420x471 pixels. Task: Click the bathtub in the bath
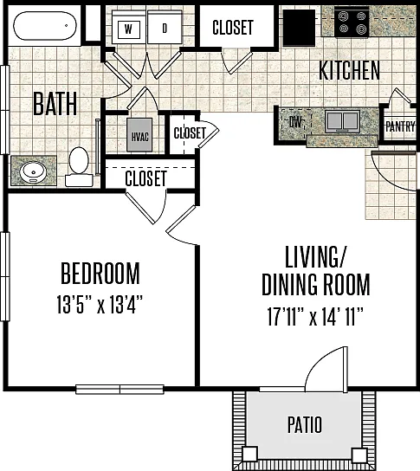coord(45,26)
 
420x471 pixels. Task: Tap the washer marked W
coord(129,29)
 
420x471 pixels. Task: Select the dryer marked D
coord(165,29)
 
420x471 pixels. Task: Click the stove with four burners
coord(352,22)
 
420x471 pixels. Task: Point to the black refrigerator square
coord(299,28)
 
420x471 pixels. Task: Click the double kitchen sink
coord(343,121)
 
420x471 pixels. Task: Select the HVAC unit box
coord(139,134)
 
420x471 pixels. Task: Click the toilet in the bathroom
coord(79,166)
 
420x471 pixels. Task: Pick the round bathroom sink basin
coord(33,171)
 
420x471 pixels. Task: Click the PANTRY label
coord(400,126)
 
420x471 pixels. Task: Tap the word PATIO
coord(305,424)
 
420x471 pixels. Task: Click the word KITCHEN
coord(349,70)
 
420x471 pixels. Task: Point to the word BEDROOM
coord(100,274)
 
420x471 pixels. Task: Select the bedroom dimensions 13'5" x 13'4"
coord(100,305)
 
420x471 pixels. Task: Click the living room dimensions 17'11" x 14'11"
coord(315,317)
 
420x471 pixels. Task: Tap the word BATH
coord(55,104)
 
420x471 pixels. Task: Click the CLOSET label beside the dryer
coord(233,28)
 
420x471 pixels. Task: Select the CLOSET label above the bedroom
coord(145,178)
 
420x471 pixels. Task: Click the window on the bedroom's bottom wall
coord(120,390)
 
